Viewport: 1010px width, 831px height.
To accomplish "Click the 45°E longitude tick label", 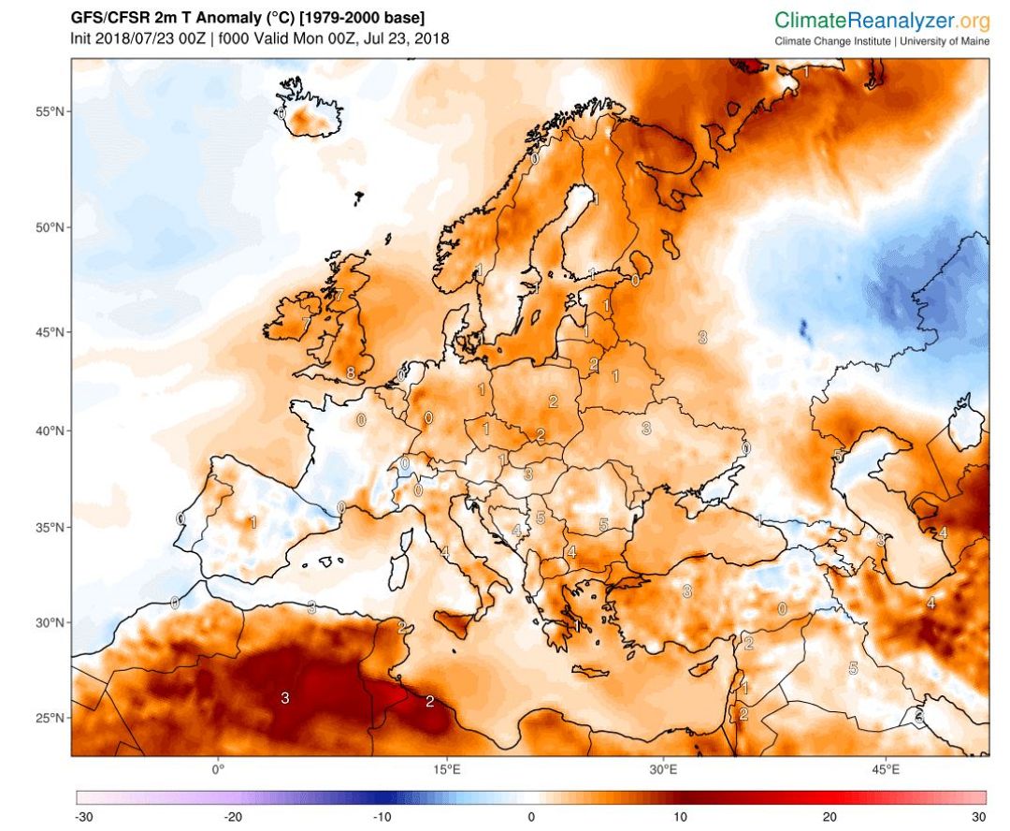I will tap(886, 770).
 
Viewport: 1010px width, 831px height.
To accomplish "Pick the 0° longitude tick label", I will tap(218, 770).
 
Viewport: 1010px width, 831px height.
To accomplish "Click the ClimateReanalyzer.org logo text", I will tap(881, 20).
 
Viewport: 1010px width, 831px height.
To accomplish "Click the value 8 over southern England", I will tap(350, 372).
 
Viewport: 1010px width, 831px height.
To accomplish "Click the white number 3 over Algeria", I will tap(285, 697).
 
